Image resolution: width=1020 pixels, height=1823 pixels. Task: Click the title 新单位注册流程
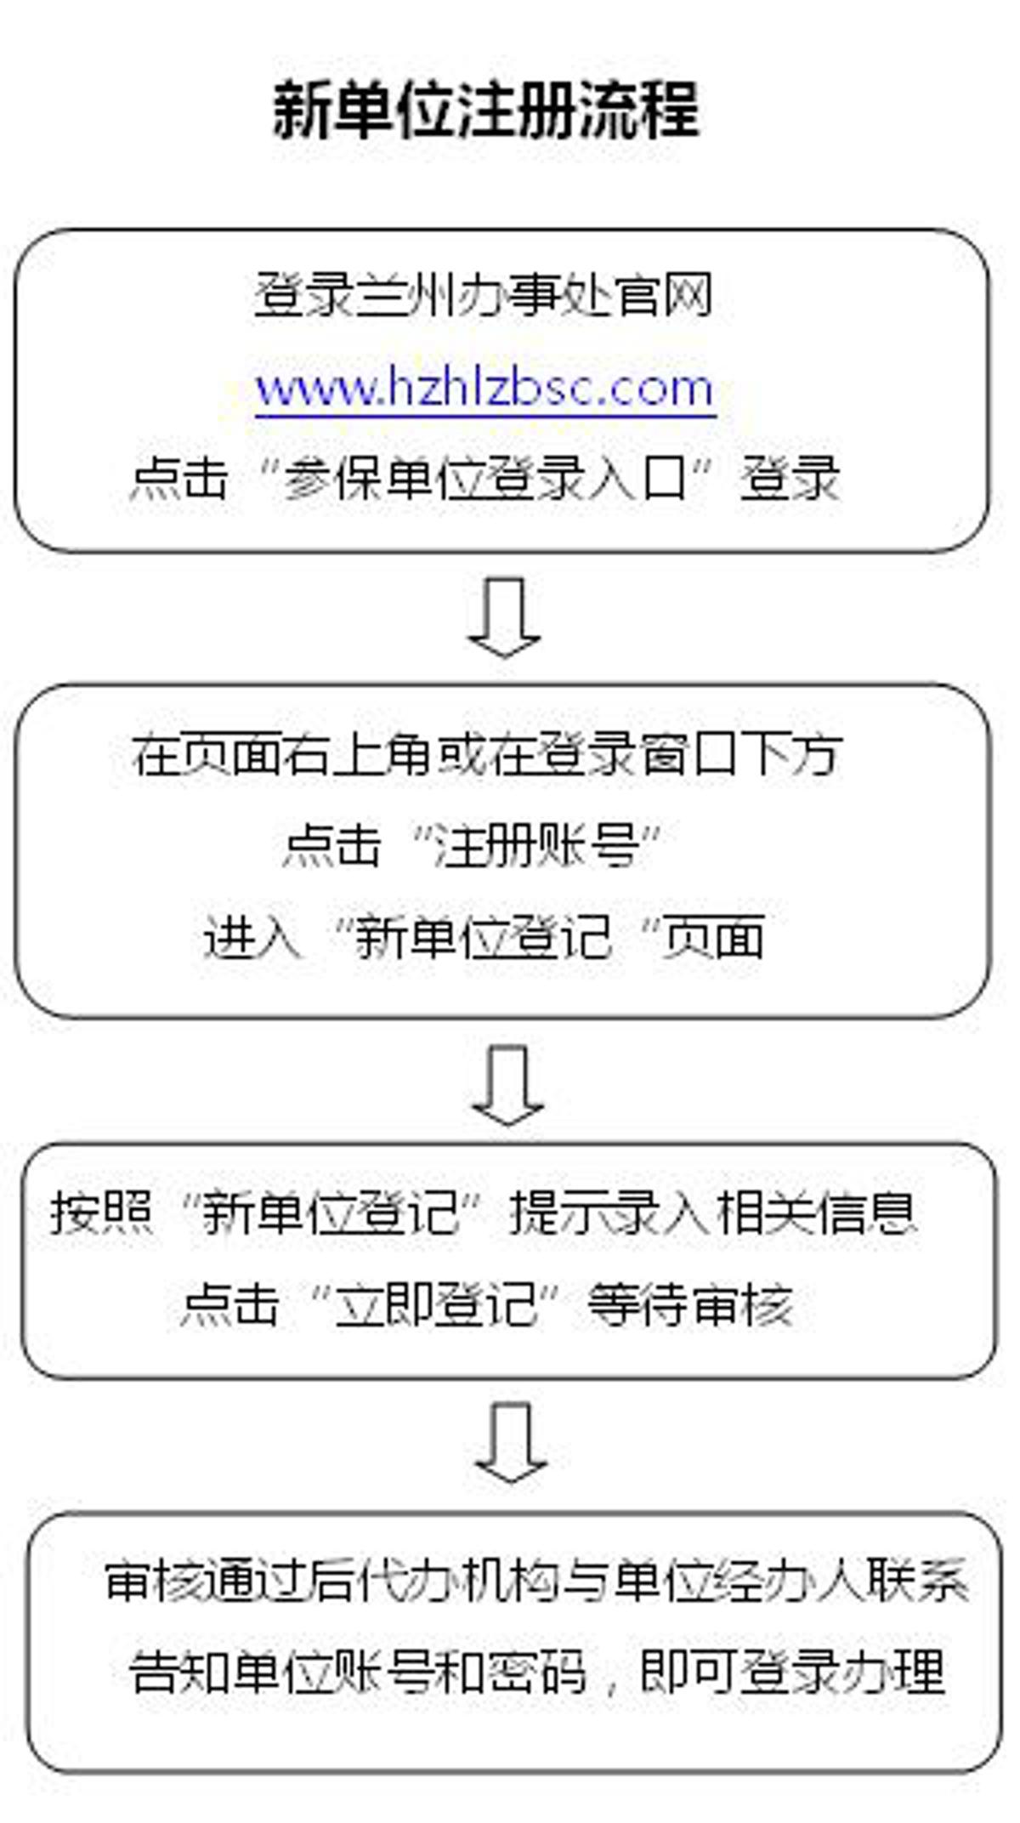[486, 111]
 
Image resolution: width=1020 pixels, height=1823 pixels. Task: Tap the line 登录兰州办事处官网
[484, 295]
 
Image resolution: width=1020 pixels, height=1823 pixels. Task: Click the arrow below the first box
[504, 617]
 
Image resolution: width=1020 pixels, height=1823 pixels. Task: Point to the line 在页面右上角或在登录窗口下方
[487, 755]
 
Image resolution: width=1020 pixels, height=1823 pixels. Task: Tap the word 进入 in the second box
[252, 938]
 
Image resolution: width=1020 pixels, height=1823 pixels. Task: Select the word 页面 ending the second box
[714, 938]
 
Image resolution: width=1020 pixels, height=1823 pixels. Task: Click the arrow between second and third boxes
[507, 1086]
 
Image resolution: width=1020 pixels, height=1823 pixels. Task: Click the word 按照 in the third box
[101, 1212]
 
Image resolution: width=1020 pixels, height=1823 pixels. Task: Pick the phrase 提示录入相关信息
[713, 1212]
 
